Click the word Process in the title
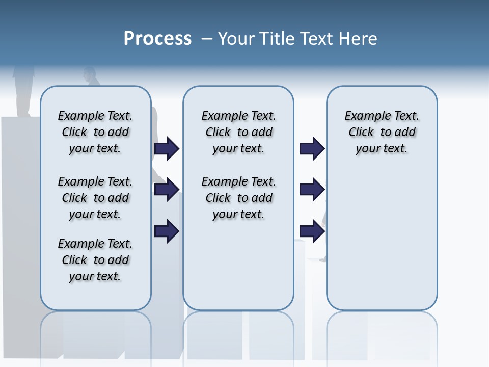(157, 39)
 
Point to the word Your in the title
(237, 39)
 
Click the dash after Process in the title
(207, 39)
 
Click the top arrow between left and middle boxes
(167, 149)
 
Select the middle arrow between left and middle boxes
(167, 190)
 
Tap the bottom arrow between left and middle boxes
(167, 231)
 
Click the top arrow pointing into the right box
(312, 149)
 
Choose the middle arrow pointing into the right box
(312, 190)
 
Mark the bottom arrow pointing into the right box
(312, 231)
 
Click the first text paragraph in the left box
(95, 132)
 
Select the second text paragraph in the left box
(95, 198)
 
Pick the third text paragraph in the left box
(95, 260)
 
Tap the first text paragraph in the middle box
(238, 132)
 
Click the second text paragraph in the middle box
(238, 198)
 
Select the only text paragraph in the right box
(382, 132)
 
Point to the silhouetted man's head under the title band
(90, 74)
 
